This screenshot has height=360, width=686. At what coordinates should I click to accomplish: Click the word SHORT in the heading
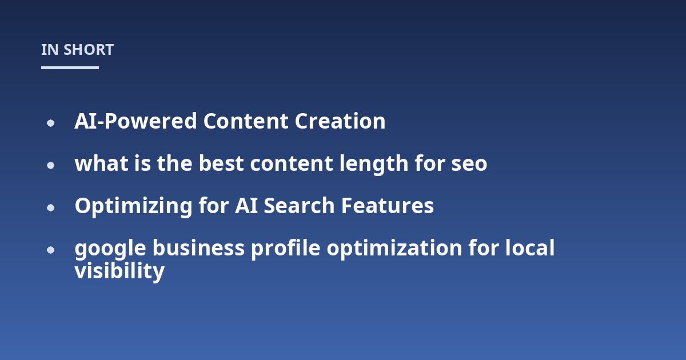coord(89,50)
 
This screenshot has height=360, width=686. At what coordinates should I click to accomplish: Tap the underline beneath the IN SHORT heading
coord(70,67)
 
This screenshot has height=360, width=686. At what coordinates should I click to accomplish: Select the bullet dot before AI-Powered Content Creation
coord(50,123)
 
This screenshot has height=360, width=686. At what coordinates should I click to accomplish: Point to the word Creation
coord(340,121)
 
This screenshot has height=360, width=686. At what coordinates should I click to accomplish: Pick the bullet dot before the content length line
coord(50,165)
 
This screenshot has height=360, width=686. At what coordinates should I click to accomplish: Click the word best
coord(221,163)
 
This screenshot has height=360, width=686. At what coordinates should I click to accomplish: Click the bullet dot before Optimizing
coord(50,207)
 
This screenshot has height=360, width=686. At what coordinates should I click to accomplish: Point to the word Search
coord(299,205)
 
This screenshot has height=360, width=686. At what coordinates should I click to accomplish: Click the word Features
coord(388,205)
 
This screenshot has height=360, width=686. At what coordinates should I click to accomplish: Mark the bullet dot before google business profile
coord(50,250)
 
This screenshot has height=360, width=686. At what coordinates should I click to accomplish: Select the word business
coord(198,247)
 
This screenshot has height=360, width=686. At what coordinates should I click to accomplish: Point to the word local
coord(530,247)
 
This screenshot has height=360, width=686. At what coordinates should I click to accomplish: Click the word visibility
coord(119,271)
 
